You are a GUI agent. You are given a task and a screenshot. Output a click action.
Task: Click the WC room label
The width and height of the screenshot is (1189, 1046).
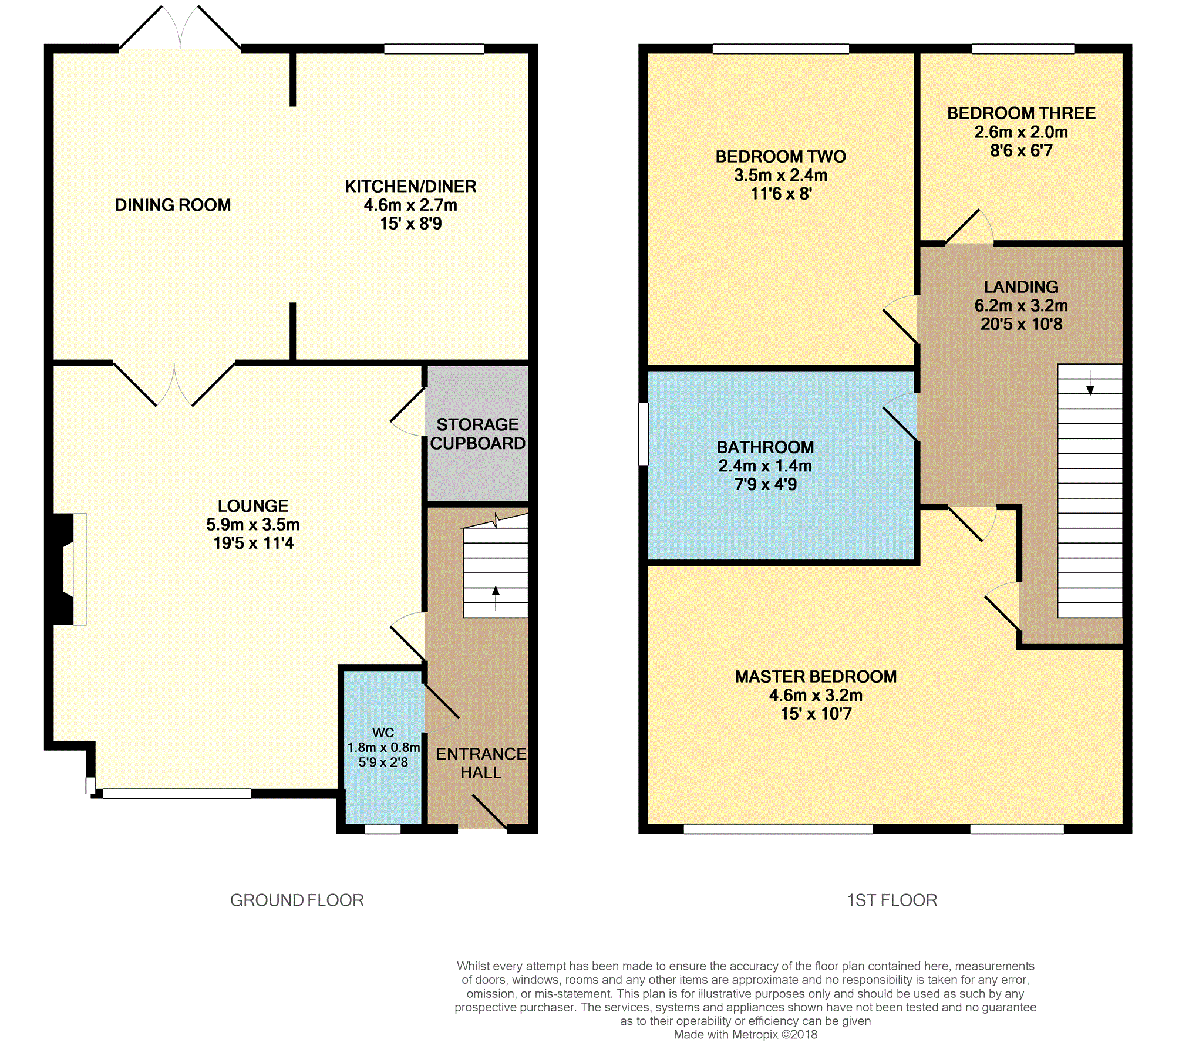pos(383,733)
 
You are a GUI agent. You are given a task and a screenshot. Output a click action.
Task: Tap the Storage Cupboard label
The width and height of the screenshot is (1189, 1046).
pos(477,434)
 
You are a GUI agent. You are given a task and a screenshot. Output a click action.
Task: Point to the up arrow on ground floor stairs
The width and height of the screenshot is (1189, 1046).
pos(496,598)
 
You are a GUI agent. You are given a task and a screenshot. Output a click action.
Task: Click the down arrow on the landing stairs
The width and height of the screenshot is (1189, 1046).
pos(1090,382)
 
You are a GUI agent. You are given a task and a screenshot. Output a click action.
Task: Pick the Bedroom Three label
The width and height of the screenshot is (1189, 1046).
pos(1021,113)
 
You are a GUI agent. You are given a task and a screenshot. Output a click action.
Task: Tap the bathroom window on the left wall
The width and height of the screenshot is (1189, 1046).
pos(644,434)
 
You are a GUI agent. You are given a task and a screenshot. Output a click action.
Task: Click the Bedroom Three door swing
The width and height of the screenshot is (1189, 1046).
pos(969,227)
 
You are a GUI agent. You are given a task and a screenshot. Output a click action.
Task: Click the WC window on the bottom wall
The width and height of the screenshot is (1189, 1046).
pos(383,829)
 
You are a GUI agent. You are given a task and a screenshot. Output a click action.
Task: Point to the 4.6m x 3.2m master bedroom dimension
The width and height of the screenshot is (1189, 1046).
pos(816,695)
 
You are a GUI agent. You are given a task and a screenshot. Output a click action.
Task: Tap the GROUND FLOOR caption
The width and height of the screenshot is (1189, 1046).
pos(297,900)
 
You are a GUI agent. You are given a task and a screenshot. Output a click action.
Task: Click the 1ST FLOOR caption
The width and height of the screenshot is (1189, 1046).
pos(892,900)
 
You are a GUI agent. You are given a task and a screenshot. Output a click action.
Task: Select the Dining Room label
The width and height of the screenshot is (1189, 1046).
pos(173,205)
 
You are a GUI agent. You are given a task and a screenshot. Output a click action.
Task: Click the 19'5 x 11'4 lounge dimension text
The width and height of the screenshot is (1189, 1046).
pos(253,543)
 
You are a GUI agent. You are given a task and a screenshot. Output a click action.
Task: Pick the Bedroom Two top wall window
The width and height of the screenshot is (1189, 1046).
pos(781,49)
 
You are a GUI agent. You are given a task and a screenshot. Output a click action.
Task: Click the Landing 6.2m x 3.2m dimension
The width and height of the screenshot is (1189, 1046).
pos(1021,305)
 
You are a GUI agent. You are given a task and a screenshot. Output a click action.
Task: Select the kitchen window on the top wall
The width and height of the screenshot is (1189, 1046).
pos(434,49)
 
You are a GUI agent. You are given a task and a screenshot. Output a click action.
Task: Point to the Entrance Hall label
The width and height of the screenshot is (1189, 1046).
pos(481,763)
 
